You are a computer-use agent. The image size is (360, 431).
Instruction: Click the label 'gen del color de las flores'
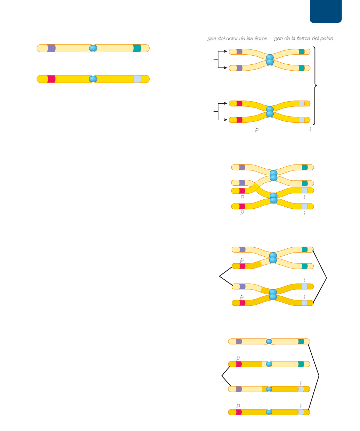pos(237,39)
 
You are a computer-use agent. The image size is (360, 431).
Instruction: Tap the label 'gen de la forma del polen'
pos(303,39)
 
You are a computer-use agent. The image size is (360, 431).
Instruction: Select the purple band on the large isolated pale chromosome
pos(51,48)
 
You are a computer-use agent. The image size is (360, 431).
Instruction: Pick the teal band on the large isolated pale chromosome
pos(137,48)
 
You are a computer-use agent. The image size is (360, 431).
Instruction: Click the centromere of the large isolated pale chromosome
pos(93,48)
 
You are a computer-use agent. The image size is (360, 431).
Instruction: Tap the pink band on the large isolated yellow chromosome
pos(51,79)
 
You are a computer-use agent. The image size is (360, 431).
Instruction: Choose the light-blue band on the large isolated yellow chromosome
pos(137,79)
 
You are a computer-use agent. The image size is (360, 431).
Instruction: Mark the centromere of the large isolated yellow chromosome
pos(93,79)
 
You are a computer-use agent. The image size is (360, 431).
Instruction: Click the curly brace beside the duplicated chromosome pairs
pos(315,85)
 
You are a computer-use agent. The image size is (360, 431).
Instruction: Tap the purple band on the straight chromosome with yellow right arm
pos(239,389)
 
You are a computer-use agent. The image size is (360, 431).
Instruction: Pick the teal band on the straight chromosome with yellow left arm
pos(301,364)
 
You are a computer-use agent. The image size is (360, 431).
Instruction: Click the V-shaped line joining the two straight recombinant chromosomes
pos(222,376)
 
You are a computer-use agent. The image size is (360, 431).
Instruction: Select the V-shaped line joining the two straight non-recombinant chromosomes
pos(318,376)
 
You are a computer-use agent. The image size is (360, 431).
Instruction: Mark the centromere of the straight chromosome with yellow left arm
pos(269,364)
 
